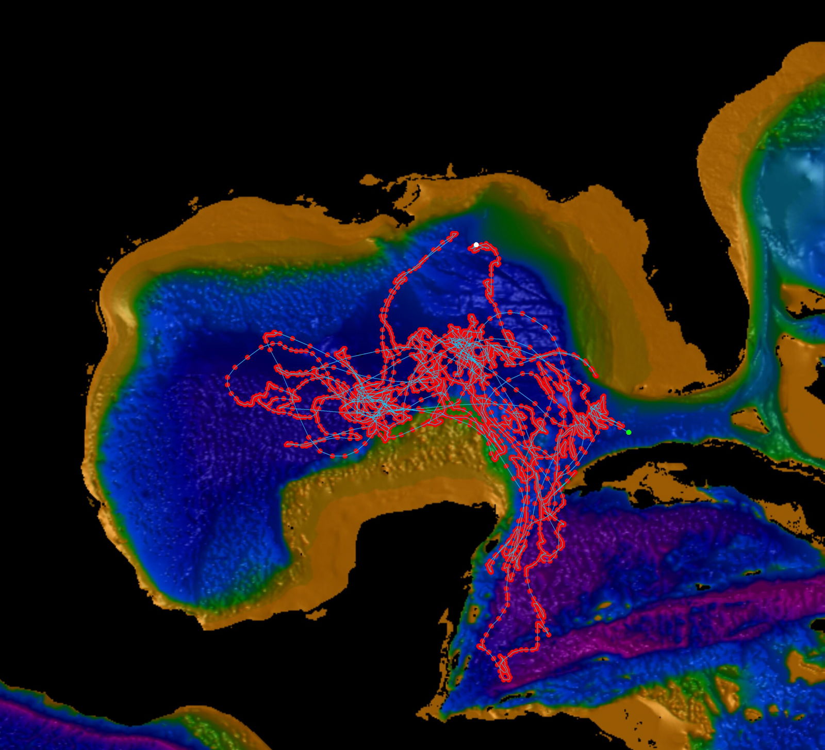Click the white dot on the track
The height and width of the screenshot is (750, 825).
tap(476, 244)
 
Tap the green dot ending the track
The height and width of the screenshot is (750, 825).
tap(629, 432)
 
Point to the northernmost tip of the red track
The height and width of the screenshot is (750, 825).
tap(455, 233)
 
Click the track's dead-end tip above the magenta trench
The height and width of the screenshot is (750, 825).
tap(547, 634)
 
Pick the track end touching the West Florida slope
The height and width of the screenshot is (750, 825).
tap(596, 375)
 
